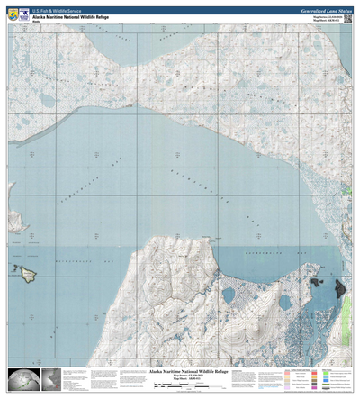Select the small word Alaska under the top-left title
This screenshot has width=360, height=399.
pos(38,21)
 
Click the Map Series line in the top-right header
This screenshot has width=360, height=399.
pos(325,14)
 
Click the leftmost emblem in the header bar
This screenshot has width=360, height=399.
pos(10,13)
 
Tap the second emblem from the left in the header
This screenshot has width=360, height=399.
pos(22,13)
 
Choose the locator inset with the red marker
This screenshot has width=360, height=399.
pos(50,380)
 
